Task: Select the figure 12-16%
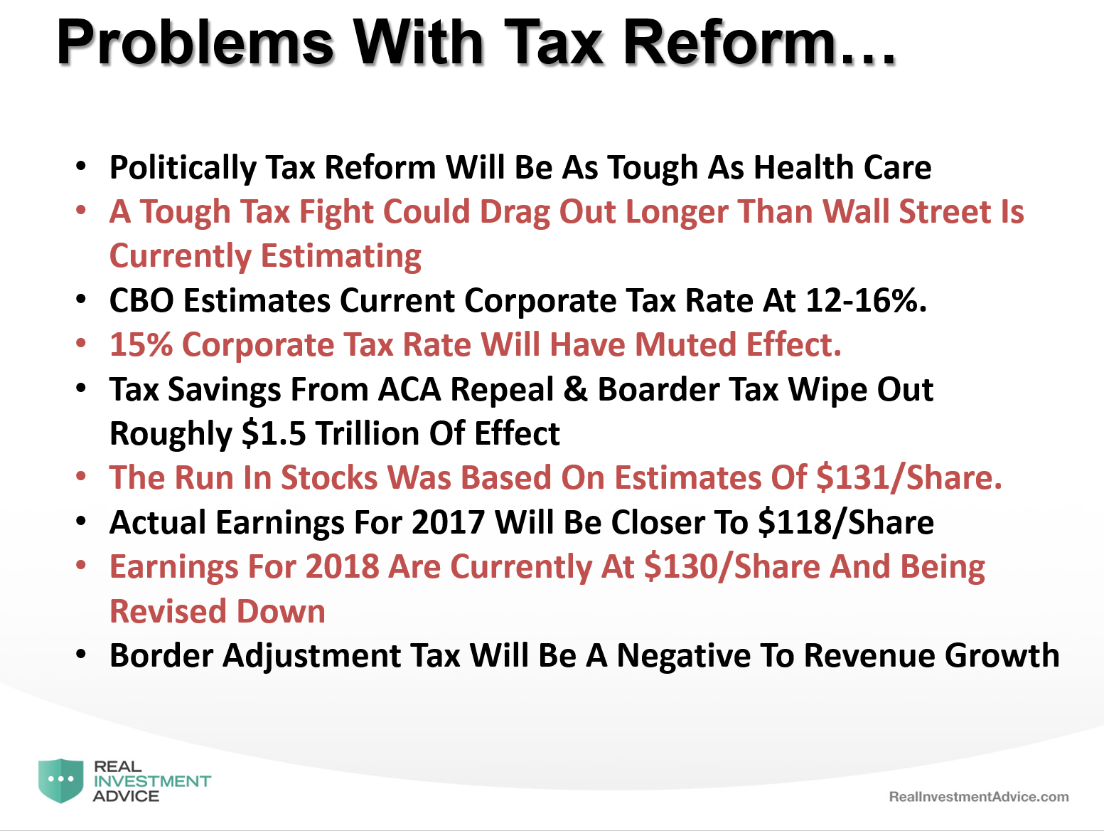pyautogui.click(x=866, y=300)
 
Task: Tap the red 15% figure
pyautogui.click(x=141, y=345)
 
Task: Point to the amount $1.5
pyautogui.click(x=274, y=433)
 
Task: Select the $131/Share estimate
pyautogui.click(x=909, y=477)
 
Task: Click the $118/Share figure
pyautogui.click(x=846, y=522)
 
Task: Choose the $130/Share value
pyautogui.click(x=733, y=567)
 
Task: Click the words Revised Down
pyautogui.click(x=218, y=611)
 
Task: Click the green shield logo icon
pyautogui.click(x=61, y=780)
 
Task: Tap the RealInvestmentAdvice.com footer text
pyautogui.click(x=979, y=797)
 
